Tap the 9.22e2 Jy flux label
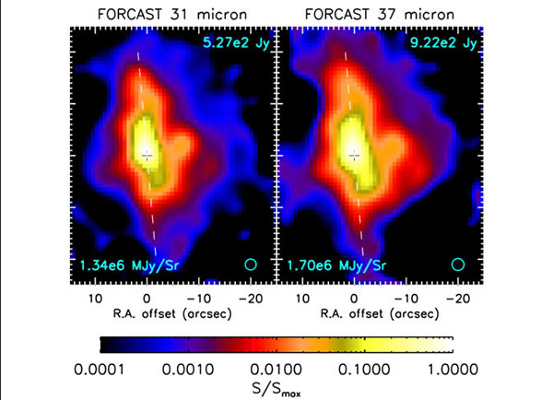(x=441, y=41)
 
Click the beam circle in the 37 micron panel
(x=458, y=265)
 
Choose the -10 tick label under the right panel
(x=404, y=300)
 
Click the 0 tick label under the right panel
(x=355, y=300)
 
